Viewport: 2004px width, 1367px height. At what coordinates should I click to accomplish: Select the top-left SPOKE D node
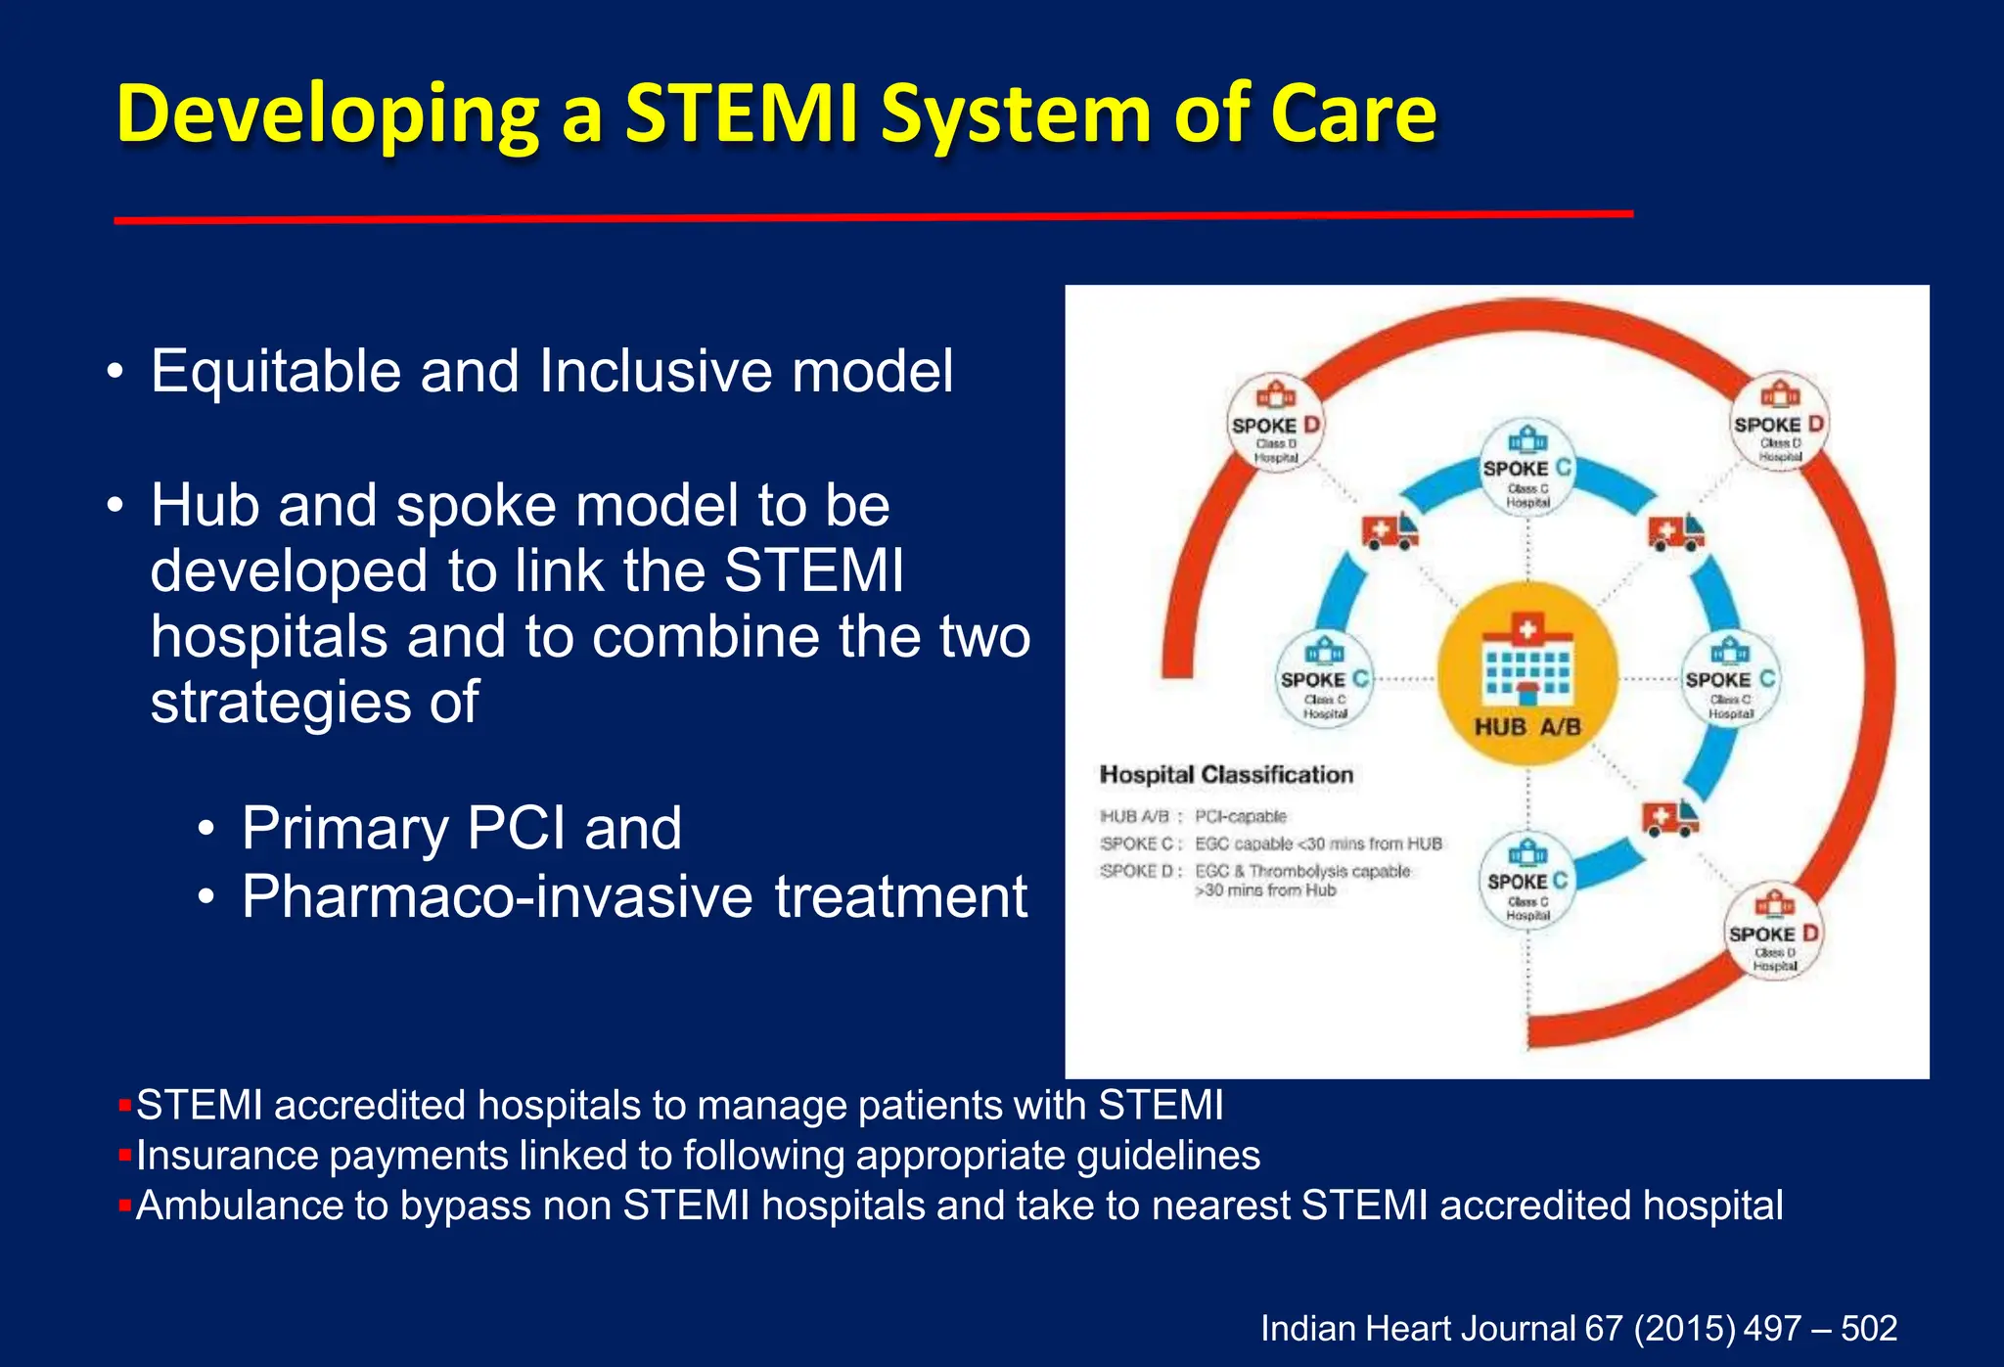coord(1275,423)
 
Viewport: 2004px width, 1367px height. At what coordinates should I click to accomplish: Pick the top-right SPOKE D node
coord(1778,422)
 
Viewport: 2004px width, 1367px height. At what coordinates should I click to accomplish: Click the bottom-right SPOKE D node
coord(1773,932)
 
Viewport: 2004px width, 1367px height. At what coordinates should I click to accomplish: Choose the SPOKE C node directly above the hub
coord(1527,468)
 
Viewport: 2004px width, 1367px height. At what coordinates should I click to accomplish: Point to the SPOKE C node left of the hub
coord(1325,679)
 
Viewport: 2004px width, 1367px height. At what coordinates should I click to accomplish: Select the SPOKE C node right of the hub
coord(1729,679)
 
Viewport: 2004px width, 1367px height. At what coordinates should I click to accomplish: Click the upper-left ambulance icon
coord(1389,531)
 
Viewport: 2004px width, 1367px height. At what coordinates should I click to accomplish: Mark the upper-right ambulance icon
coord(1675,532)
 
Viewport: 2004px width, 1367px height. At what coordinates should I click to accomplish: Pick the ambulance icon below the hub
coord(1669,817)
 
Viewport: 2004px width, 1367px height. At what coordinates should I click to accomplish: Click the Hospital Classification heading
coord(1226,775)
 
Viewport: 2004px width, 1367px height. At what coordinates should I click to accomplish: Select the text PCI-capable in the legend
coord(1240,816)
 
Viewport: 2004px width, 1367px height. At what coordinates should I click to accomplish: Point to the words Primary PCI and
coord(461,828)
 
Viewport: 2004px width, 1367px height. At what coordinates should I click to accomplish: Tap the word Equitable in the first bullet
coord(275,372)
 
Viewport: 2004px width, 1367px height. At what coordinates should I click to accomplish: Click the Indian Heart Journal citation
coord(1577,1328)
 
